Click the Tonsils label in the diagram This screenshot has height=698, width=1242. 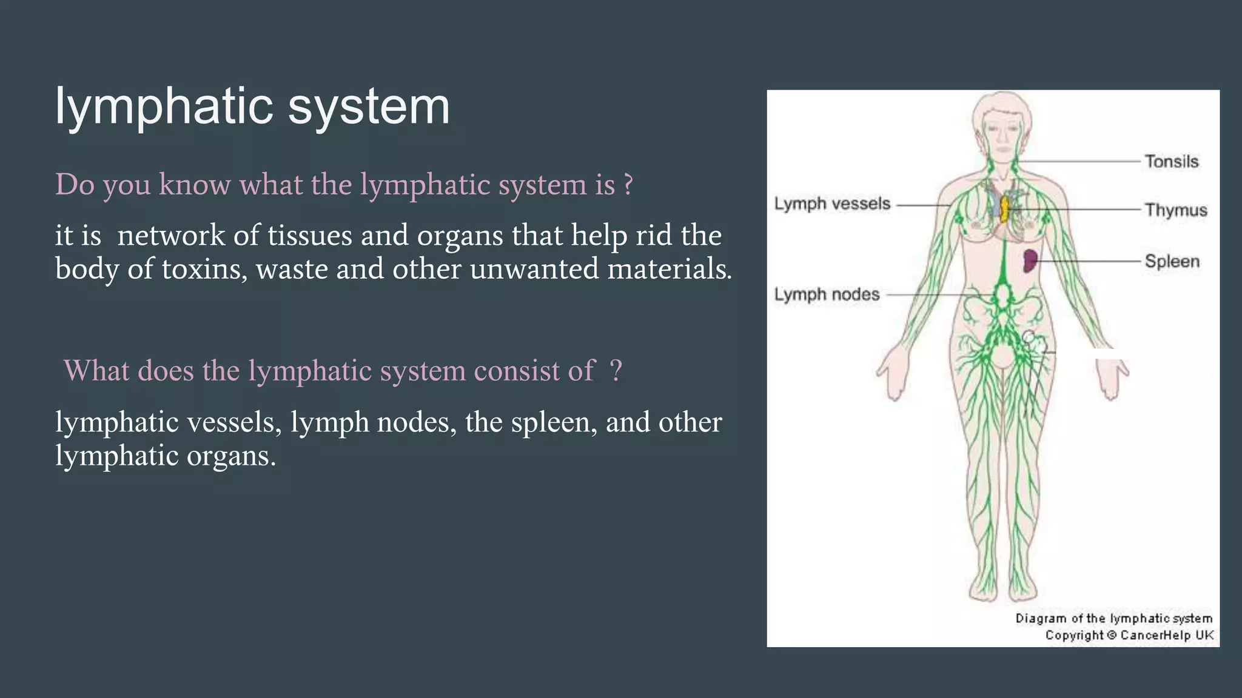[x=1171, y=162]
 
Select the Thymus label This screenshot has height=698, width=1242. [x=1175, y=210]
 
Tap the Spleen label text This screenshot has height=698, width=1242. [x=1172, y=262]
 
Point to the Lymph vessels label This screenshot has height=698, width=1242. [x=832, y=204]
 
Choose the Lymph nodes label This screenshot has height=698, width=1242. [x=827, y=294]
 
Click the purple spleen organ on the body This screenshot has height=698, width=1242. [x=1029, y=261]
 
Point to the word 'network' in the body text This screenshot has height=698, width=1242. [x=170, y=235]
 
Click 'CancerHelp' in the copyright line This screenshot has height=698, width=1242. [x=1155, y=635]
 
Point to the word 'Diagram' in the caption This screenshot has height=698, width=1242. [x=1041, y=619]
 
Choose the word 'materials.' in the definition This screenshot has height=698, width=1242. [x=670, y=268]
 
